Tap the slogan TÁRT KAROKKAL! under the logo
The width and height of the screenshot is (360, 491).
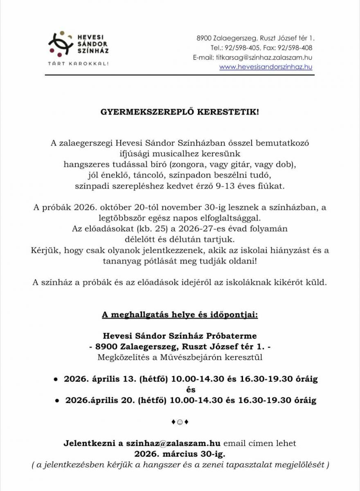pos(78,64)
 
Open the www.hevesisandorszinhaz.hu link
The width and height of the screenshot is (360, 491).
pos(265,67)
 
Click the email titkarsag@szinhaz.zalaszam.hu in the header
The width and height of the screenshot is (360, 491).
pos(264,57)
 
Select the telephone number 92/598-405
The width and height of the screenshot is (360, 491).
pos(243,48)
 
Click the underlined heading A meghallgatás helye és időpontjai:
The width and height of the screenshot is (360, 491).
pos(180,315)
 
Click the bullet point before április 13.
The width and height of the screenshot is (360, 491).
pos(56,379)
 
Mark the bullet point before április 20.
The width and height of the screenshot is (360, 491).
pos(57,401)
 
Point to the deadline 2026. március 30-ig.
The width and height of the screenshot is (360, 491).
pos(180,454)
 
